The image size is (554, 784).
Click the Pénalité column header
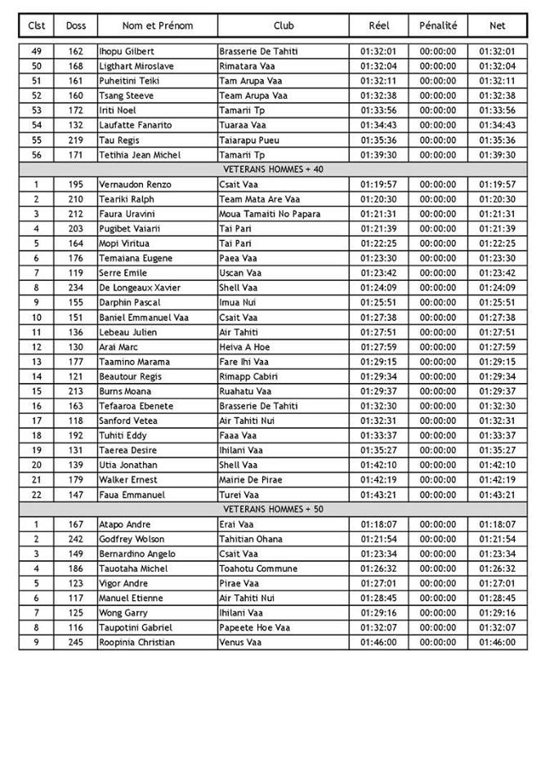[x=438, y=25]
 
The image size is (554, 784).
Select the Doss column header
[x=76, y=25]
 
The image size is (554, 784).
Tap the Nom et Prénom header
[x=158, y=25]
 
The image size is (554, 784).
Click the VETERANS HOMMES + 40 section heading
[x=273, y=169]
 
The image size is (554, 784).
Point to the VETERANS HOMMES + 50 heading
[x=273, y=509]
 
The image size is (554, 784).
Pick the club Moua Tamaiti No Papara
[x=270, y=214]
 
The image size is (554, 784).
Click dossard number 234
[x=76, y=287]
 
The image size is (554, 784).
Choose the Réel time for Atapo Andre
[x=378, y=524]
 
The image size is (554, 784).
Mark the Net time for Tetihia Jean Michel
[x=497, y=154]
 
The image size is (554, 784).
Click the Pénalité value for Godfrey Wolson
[x=438, y=539]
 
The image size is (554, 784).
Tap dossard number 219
[x=76, y=140]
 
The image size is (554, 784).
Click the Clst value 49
[x=36, y=51]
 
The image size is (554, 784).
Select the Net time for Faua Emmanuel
[x=497, y=494]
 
